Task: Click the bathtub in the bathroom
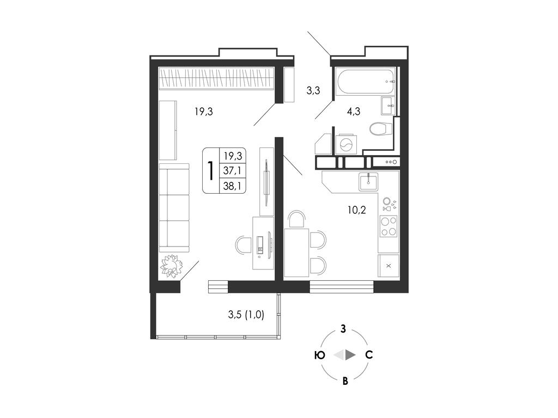click(x=366, y=82)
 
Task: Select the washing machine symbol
click(x=345, y=144)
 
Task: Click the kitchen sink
click(x=368, y=182)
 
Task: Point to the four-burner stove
click(x=388, y=226)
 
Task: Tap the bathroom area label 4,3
click(x=354, y=112)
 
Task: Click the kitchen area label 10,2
click(x=356, y=210)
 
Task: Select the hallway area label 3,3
click(x=313, y=91)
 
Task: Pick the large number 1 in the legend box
click(x=211, y=170)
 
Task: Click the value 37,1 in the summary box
click(x=232, y=170)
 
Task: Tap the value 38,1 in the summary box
click(x=232, y=185)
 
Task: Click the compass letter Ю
click(x=320, y=355)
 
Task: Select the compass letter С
click(x=369, y=355)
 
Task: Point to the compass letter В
click(x=345, y=382)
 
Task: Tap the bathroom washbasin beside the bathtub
click(x=388, y=106)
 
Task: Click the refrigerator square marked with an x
click(x=389, y=266)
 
